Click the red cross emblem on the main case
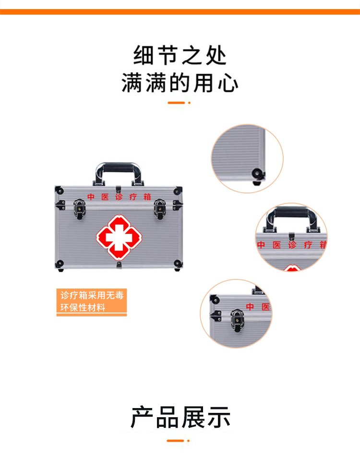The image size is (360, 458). (119, 237)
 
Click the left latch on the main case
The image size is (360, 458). (79, 208)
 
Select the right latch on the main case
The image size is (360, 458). (160, 208)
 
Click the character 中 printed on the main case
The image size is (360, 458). (91, 197)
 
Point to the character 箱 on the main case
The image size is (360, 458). (147, 197)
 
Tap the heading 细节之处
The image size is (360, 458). (180, 55)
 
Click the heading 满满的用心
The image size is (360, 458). (180, 83)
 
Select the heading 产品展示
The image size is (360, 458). (180, 417)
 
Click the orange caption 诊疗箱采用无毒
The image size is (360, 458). (92, 295)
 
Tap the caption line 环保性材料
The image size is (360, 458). (83, 307)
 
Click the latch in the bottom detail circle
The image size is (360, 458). (237, 320)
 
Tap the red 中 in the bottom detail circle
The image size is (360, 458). (250, 306)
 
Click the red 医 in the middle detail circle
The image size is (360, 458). (277, 245)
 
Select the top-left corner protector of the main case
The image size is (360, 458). (59, 191)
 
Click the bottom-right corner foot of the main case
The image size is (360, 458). (178, 265)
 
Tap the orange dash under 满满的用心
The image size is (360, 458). (177, 103)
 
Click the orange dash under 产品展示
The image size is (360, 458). (176, 440)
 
